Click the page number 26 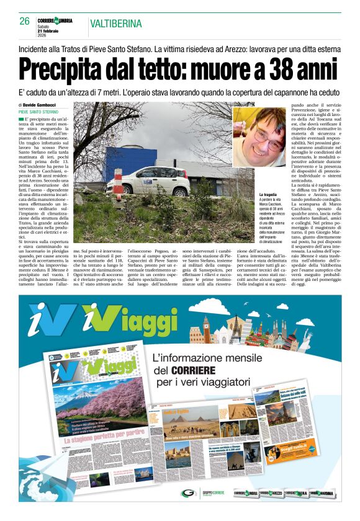tap(25, 22)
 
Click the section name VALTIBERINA tap(115, 24)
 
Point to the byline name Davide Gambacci tap(38, 105)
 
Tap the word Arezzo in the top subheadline tap(244, 48)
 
